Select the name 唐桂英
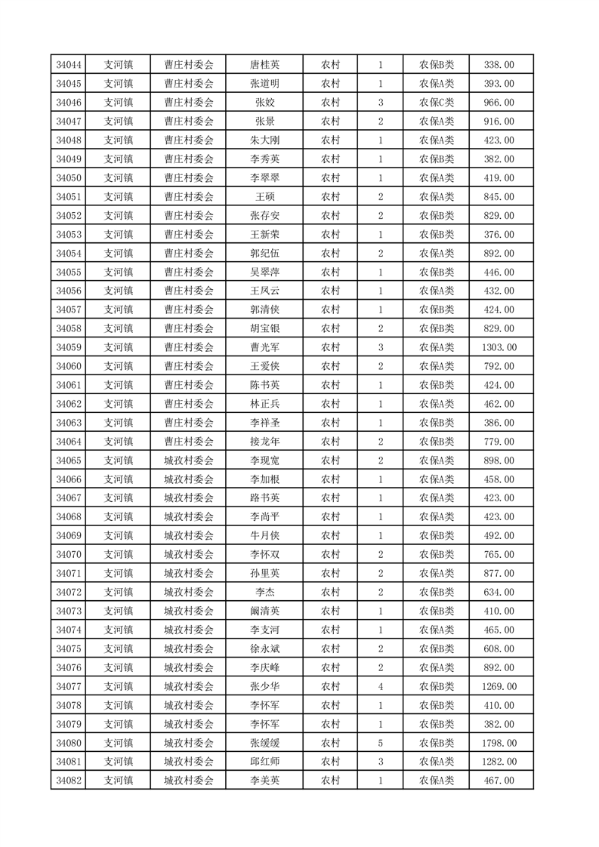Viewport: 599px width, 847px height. coord(264,65)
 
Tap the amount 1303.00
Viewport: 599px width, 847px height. coord(499,347)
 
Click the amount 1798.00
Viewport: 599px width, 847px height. coord(499,743)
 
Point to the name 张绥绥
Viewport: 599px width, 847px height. coord(264,743)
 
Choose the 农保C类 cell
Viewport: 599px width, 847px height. coord(437,103)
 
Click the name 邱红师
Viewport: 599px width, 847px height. coord(264,762)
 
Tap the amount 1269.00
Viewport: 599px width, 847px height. coord(499,686)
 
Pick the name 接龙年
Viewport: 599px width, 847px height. coord(264,442)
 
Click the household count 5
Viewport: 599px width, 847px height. coord(380,743)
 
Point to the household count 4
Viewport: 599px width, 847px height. coord(380,686)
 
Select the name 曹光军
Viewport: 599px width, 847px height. coord(264,347)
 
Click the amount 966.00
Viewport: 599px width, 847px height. coord(499,103)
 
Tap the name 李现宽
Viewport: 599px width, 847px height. coord(264,460)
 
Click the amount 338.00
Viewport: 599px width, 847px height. coord(499,65)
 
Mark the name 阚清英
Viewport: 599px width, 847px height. coord(264,611)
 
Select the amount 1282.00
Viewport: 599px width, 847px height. coord(499,762)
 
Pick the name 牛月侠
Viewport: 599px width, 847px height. coord(264,536)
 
